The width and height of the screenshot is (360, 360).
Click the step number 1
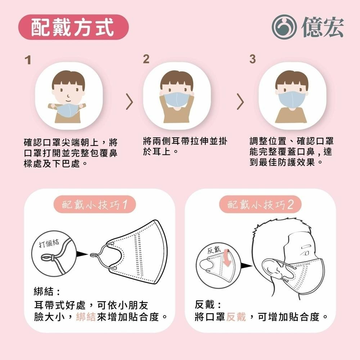(28, 59)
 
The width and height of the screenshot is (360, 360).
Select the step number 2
(146, 59)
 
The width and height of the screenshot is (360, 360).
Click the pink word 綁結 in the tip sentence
(86, 317)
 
